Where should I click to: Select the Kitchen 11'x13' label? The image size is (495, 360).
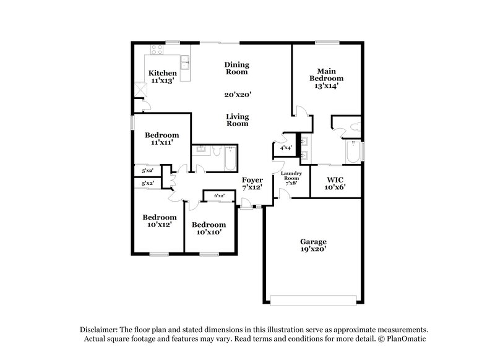(x=163, y=77)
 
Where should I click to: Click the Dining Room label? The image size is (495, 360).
(x=236, y=68)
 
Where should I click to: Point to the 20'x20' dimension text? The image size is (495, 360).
(x=236, y=95)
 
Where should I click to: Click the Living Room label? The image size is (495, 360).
(x=236, y=120)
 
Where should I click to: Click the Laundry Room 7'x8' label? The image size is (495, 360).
(x=291, y=178)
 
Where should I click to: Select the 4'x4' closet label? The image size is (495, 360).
(x=286, y=148)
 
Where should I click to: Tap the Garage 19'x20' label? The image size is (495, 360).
(x=314, y=245)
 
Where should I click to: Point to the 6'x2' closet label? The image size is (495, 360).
(x=218, y=196)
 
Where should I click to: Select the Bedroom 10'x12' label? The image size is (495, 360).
(x=160, y=221)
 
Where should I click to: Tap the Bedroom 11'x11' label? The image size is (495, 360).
(x=162, y=139)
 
